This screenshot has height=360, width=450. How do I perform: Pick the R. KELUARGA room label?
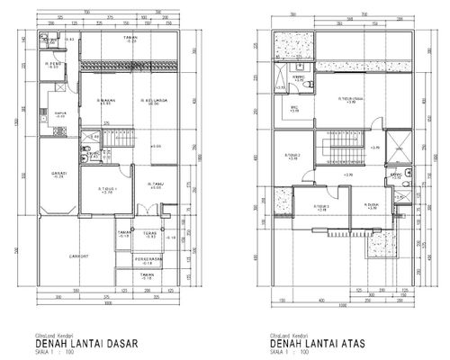point(149,102)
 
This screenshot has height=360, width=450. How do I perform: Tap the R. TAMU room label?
point(155,185)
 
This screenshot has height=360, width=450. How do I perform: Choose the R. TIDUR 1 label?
point(109,189)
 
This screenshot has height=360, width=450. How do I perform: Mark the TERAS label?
point(152,238)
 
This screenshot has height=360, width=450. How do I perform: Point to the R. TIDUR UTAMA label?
point(326,100)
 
